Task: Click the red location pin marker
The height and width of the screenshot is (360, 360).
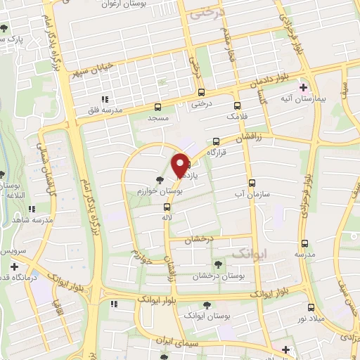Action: (181, 164)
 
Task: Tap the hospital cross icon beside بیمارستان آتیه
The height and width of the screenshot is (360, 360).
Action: (303, 88)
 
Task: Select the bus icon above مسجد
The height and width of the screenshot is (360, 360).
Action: (157, 108)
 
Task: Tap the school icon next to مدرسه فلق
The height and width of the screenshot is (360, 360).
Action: (105, 99)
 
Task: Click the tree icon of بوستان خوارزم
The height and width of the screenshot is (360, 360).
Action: (161, 179)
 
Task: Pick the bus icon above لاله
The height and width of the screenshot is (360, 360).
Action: (167, 207)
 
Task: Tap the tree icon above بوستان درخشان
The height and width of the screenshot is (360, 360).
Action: (217, 265)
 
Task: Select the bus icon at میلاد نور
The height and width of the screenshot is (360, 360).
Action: (311, 307)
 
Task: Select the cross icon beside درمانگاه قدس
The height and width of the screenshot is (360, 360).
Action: (15, 266)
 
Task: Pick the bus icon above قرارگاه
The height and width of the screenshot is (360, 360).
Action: (216, 140)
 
